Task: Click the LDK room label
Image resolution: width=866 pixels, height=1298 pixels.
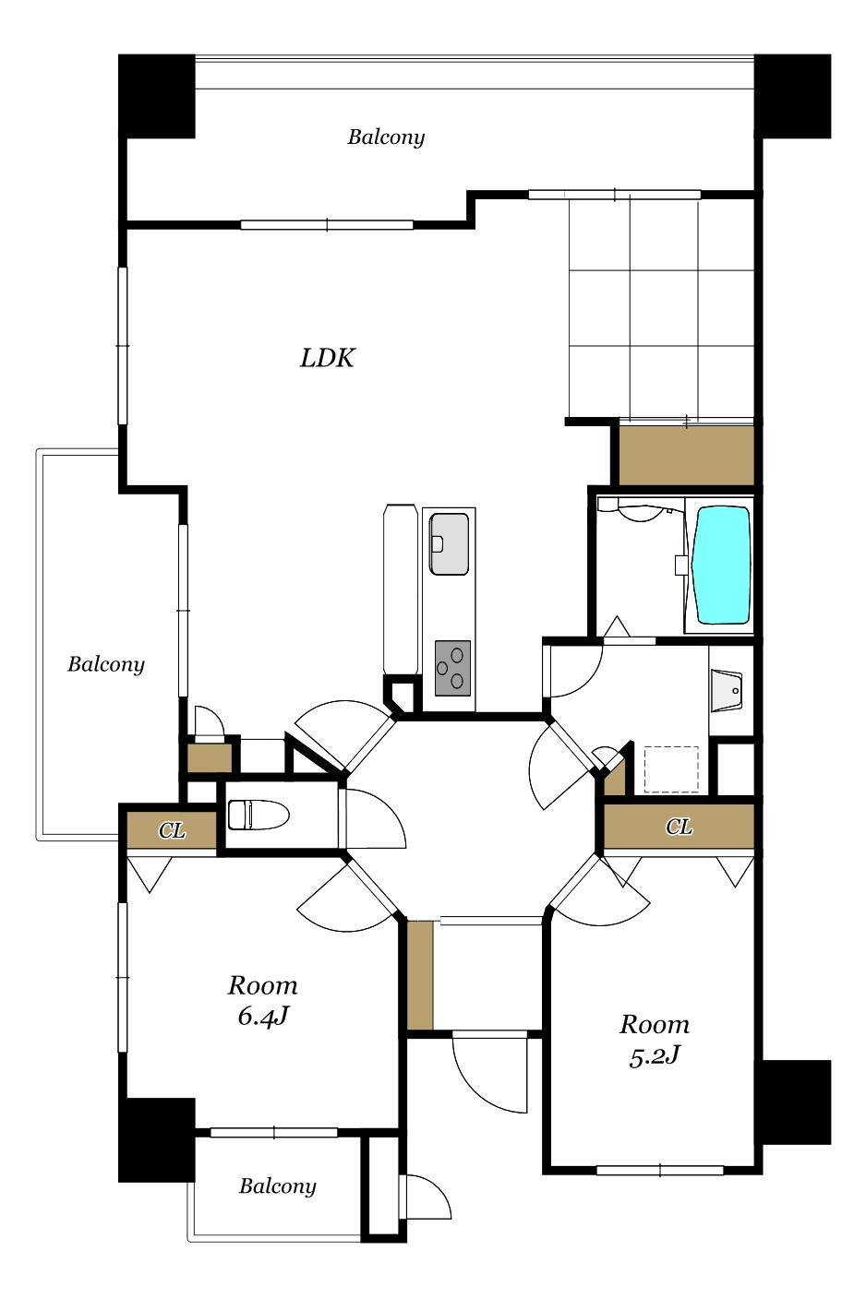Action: [x=327, y=358]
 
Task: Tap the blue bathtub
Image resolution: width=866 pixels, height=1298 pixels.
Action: [x=722, y=565]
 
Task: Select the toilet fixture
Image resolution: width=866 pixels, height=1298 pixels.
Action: [x=259, y=815]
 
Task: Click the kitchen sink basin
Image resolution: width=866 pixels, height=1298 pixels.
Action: [x=449, y=543]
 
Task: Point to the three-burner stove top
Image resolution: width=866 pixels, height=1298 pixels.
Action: [x=452, y=668]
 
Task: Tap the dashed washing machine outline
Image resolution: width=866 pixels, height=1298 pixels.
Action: [x=671, y=769]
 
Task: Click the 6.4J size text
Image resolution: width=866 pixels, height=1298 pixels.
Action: [x=263, y=1016]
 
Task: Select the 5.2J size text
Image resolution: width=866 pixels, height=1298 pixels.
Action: [x=654, y=1055]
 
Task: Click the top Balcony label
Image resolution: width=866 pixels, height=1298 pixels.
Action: [x=386, y=137]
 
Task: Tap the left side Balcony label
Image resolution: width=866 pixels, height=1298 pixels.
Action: [x=105, y=664]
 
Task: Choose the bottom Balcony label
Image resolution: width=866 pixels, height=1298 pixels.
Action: [x=277, y=1186]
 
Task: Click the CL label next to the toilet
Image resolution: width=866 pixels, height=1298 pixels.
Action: [x=172, y=831]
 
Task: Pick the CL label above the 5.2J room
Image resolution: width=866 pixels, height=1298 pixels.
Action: [x=679, y=827]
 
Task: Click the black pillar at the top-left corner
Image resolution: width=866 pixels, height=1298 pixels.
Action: [x=157, y=96]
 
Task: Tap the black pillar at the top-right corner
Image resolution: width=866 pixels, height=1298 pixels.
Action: [x=792, y=96]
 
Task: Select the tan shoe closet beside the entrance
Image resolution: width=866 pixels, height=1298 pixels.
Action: [x=420, y=976]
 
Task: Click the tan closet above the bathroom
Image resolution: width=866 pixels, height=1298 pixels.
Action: [x=686, y=456]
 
